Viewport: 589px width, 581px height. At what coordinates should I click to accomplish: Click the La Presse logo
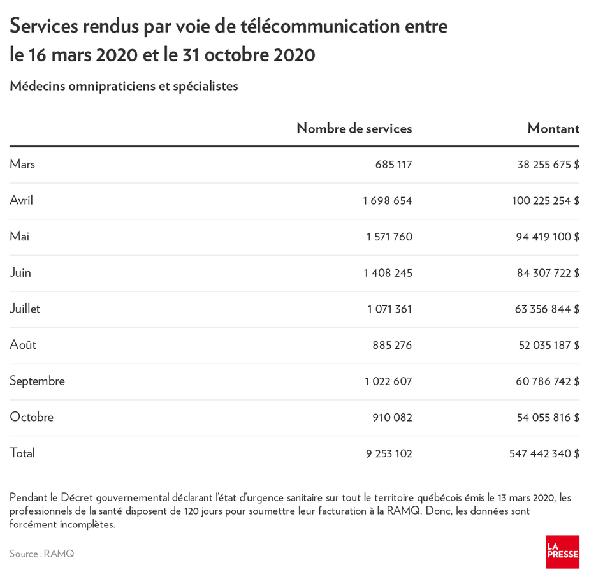(562, 552)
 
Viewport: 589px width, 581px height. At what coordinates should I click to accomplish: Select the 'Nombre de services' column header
(354, 128)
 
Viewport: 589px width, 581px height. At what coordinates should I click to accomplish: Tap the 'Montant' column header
(553, 128)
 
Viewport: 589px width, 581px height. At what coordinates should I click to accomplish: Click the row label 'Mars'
(22, 165)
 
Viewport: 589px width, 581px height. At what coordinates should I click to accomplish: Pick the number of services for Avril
(388, 201)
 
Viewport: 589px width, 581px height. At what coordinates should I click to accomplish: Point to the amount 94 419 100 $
(548, 237)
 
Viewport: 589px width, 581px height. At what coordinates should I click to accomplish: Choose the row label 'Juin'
(20, 273)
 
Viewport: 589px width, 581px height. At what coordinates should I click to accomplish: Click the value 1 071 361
(389, 309)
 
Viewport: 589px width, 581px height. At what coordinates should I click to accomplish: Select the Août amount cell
(549, 346)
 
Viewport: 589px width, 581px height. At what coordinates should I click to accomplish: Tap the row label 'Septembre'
(37, 381)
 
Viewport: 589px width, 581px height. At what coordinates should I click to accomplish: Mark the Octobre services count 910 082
(392, 418)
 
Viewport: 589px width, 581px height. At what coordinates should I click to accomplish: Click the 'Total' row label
(22, 453)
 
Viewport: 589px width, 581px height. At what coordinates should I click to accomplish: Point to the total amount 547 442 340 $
(544, 454)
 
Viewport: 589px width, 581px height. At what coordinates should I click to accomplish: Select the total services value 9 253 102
(389, 454)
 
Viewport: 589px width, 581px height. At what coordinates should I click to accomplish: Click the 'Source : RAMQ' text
(42, 554)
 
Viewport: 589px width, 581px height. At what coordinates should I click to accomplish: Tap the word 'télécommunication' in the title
(321, 27)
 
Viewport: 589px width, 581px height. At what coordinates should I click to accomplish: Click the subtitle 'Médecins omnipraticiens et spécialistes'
(124, 86)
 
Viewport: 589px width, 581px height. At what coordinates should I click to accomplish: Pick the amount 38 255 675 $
(548, 165)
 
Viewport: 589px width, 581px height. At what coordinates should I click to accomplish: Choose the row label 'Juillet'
(25, 309)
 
